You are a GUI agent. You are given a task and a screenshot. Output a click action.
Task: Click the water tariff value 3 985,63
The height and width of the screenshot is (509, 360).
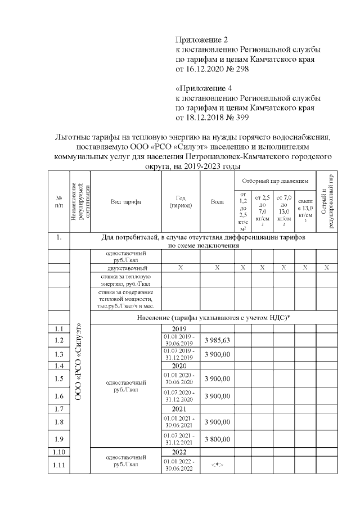(x=217, y=340)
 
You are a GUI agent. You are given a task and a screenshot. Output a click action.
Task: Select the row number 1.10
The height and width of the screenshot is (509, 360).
(x=59, y=452)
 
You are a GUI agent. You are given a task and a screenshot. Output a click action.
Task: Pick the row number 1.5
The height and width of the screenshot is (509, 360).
(x=59, y=379)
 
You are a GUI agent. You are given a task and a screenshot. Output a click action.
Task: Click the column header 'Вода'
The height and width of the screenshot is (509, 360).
(x=217, y=202)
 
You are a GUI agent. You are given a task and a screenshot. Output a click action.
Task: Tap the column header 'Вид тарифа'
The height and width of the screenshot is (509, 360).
(x=125, y=202)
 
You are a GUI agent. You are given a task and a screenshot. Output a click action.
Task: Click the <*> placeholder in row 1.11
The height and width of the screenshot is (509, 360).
(x=217, y=466)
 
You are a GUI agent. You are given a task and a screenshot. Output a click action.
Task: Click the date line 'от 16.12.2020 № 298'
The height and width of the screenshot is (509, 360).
(x=211, y=69)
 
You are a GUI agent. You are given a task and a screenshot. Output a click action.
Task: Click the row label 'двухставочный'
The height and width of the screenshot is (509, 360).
(x=125, y=268)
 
